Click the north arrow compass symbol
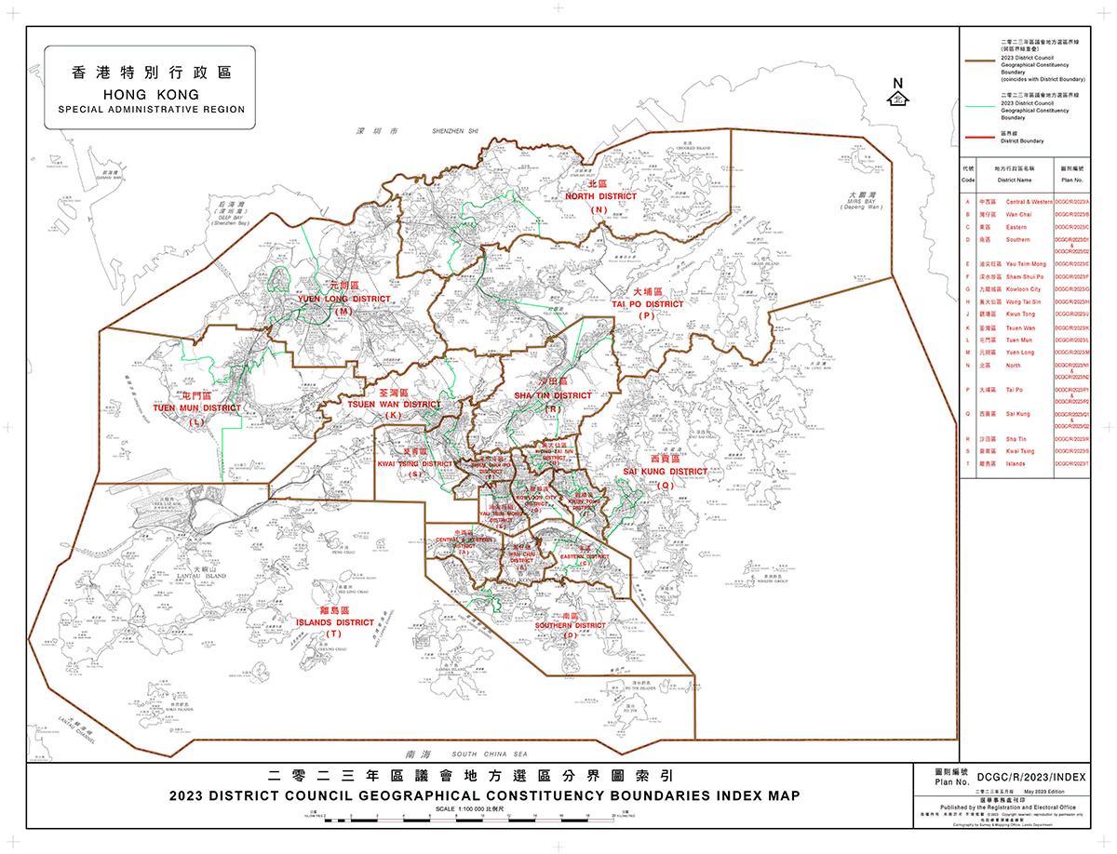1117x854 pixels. [898, 94]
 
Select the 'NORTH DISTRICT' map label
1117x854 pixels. [601, 196]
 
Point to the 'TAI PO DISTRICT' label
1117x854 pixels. [648, 303]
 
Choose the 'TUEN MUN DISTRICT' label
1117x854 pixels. [196, 407]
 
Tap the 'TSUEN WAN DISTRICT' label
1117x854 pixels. [394, 404]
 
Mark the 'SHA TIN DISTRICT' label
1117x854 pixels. [553, 395]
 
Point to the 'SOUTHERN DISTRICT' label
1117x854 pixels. [569, 626]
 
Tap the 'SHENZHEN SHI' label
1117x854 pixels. [454, 133]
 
